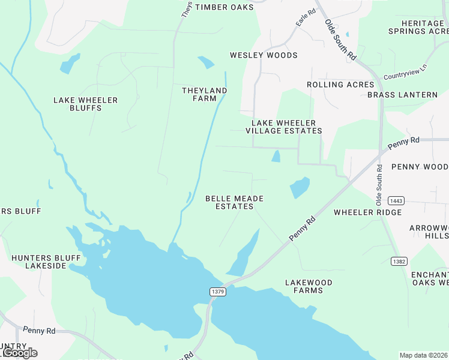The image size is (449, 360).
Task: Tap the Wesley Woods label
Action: point(264,55)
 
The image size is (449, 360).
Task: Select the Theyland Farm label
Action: point(205,94)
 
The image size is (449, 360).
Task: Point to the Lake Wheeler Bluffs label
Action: point(85,104)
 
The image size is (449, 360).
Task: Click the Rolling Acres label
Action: point(340,85)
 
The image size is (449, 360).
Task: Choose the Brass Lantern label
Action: point(402,95)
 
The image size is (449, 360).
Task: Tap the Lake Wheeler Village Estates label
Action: point(284,127)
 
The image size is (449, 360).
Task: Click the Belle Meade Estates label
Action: point(234,202)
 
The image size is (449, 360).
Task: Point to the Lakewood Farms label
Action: point(304,286)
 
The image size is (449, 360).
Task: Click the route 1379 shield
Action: point(218,292)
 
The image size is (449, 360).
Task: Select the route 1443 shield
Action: point(396,200)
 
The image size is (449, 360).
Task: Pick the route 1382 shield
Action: point(399,261)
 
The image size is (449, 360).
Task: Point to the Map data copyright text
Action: point(423,355)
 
